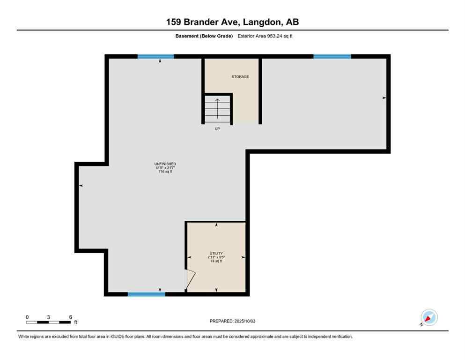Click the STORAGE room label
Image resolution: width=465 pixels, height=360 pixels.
coord(240,76)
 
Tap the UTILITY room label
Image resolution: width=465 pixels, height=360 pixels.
coord(216,253)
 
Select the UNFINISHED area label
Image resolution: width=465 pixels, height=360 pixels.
coord(165,164)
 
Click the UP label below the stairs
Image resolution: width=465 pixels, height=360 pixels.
coord(217,128)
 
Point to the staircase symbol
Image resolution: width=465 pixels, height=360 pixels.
coord(218,109)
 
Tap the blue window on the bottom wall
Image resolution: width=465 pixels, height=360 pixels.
coord(147,294)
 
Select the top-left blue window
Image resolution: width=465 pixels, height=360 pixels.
coord(155,56)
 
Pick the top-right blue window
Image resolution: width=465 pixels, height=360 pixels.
coord(332,56)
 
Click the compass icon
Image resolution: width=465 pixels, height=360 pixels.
coord(428,317)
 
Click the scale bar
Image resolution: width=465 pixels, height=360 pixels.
coord(49,322)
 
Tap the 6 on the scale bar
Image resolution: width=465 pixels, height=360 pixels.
coord(70,317)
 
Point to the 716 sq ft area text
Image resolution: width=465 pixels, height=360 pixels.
coord(165,172)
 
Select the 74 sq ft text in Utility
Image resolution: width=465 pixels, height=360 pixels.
coord(216,261)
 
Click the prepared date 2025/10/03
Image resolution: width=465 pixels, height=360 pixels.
coord(232,321)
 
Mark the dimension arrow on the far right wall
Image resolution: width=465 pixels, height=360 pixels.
coord(384,98)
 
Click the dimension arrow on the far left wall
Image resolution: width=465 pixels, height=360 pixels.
coord(81,186)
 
